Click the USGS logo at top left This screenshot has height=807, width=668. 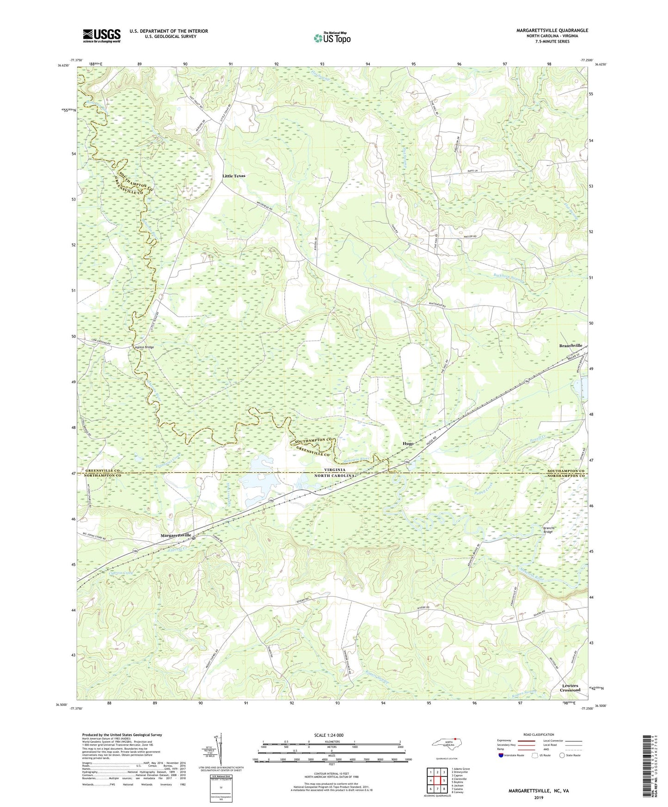(x=102, y=36)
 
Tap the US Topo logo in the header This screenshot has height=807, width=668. (x=332, y=38)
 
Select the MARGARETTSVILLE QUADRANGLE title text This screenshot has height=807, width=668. (x=552, y=31)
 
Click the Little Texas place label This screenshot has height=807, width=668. (x=233, y=176)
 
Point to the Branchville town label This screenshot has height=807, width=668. (x=570, y=346)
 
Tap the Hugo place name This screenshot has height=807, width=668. (x=408, y=443)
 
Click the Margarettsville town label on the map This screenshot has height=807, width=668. (x=176, y=535)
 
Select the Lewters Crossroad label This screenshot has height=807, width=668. (x=570, y=688)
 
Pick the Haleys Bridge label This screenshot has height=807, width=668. (x=144, y=347)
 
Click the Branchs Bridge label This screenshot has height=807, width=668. (x=549, y=530)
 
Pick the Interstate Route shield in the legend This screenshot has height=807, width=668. (x=502, y=755)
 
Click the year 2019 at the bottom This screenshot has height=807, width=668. (x=539, y=798)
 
